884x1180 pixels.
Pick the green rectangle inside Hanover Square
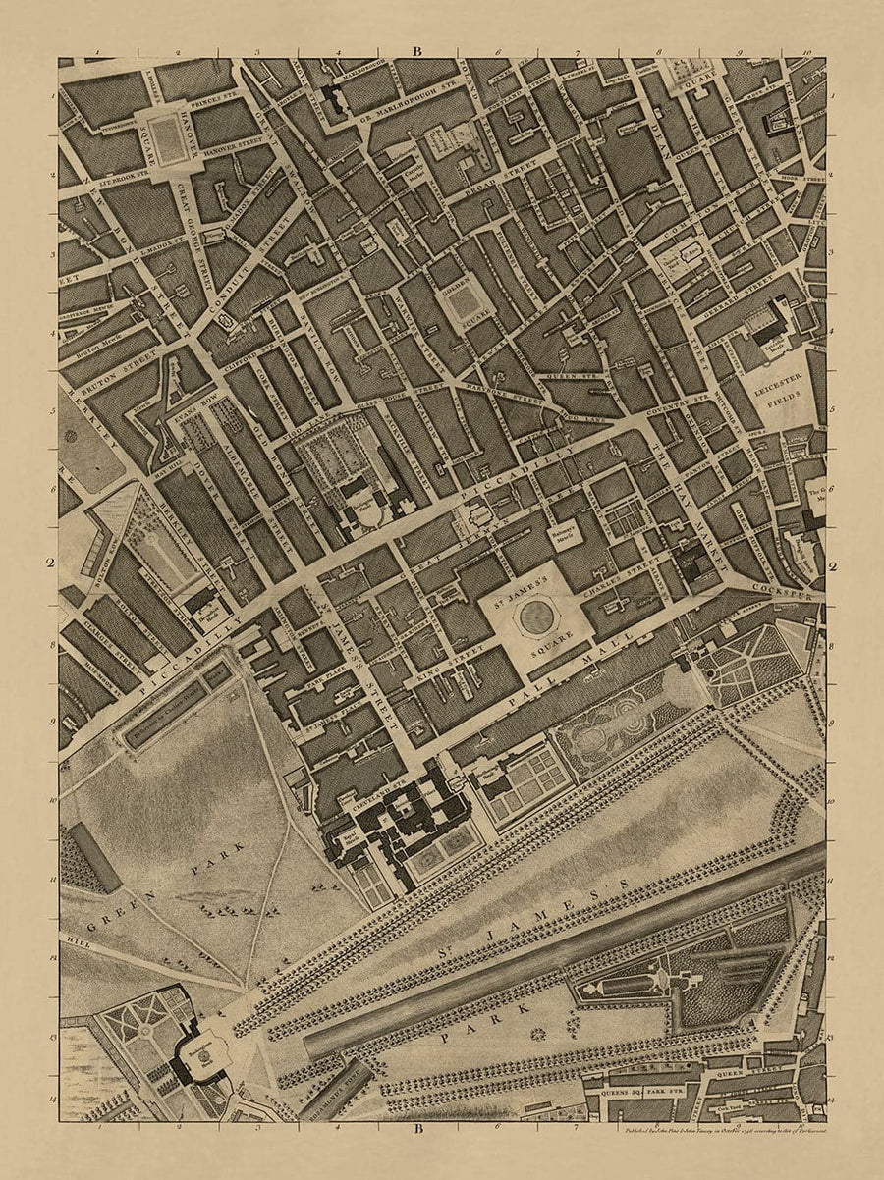click(169, 145)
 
